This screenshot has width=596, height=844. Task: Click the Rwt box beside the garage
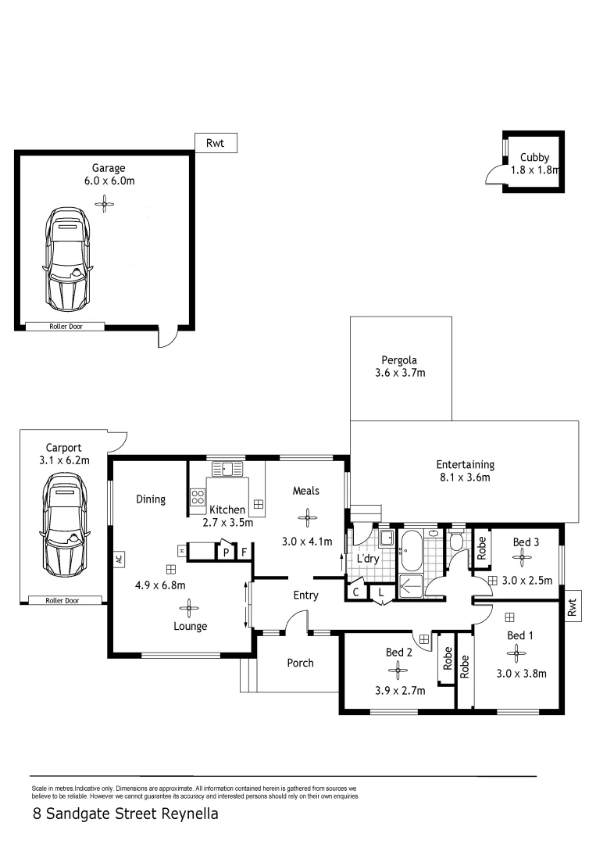[x=216, y=143]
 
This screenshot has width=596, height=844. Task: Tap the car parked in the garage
[x=68, y=259]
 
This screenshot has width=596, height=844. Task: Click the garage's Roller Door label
[x=66, y=327]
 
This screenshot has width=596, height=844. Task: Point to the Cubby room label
[x=535, y=158]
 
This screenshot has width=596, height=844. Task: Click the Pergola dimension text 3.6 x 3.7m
[x=399, y=373]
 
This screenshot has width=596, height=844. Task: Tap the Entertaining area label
[x=465, y=464]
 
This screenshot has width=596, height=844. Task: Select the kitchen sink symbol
[x=227, y=469]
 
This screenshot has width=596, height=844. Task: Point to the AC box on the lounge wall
[x=119, y=559]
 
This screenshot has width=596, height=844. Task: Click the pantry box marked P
[x=226, y=553]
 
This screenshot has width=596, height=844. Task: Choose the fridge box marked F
[x=244, y=553]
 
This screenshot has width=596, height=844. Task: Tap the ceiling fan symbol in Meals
[x=308, y=516]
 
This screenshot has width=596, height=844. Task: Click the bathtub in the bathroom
[x=411, y=549]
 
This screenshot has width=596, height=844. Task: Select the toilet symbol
[x=458, y=540]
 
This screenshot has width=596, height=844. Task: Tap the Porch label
[x=300, y=663]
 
